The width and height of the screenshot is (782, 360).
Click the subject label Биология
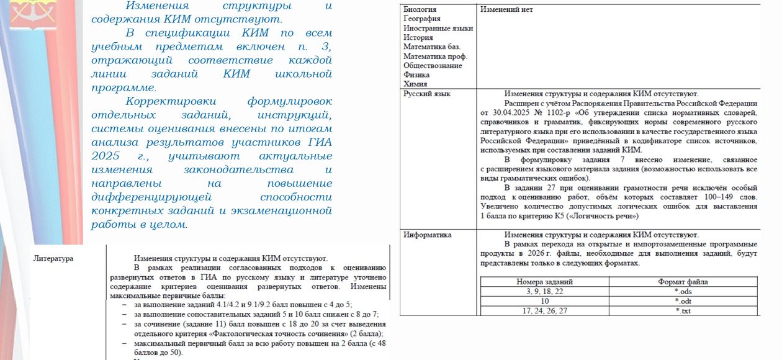point(420,10)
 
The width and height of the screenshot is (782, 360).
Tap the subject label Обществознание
point(433,66)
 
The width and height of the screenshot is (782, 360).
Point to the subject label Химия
point(415,84)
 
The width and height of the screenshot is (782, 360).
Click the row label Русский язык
point(427,94)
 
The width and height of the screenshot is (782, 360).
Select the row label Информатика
point(428,235)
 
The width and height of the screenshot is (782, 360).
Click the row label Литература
point(53,258)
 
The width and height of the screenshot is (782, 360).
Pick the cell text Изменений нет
point(506,10)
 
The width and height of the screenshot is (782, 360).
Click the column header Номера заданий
point(544,282)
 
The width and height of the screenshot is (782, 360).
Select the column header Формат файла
point(683,282)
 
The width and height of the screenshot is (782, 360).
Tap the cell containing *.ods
point(683,292)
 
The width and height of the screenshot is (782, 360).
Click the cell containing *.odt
point(683,301)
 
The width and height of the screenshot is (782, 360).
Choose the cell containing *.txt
point(683,311)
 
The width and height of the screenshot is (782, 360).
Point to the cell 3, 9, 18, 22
point(544,292)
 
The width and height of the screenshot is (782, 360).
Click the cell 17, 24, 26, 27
point(544,311)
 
